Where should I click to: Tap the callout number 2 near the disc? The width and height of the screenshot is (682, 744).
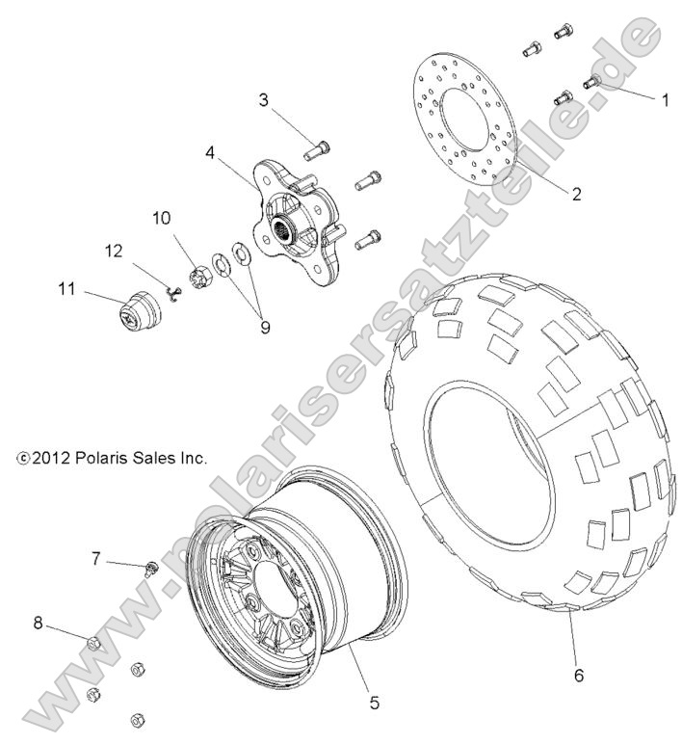tap(576, 194)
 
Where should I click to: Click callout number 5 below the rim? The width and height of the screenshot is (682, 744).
tap(373, 704)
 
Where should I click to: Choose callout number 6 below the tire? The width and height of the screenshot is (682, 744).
tap(578, 676)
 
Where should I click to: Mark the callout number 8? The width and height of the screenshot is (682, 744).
tap(38, 624)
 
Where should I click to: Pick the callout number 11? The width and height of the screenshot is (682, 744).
tap(66, 287)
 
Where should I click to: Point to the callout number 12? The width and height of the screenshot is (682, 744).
tap(115, 252)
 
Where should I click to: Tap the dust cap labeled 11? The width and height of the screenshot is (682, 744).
tap(137, 310)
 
